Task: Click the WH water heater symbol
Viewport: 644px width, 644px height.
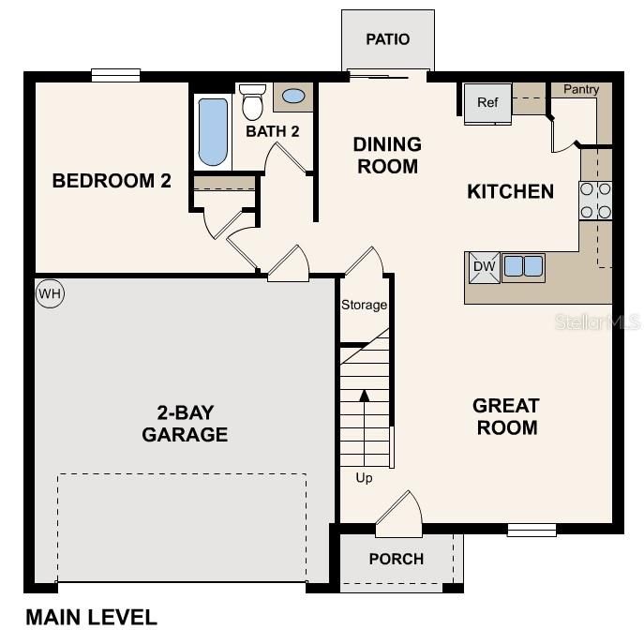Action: tap(50, 293)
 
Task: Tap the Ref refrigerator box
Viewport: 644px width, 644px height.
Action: tap(487, 103)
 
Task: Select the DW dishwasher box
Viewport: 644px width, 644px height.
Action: tap(484, 267)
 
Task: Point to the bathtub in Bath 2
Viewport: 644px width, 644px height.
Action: tap(213, 132)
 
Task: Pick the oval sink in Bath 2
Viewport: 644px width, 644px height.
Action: tap(293, 96)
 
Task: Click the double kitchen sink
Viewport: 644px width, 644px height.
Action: tap(523, 267)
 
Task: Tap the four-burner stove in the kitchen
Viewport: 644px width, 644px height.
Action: tap(595, 200)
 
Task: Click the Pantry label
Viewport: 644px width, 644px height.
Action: tap(581, 89)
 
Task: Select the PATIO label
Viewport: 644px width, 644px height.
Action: tap(387, 39)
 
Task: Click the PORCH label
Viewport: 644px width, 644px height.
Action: tap(396, 559)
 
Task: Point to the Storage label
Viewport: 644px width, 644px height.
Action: tap(364, 305)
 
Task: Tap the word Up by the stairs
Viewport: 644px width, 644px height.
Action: tap(364, 478)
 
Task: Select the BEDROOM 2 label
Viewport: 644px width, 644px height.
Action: tap(112, 181)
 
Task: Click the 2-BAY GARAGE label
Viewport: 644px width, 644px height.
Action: tap(185, 423)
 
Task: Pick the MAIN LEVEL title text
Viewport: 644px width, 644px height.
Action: tap(91, 617)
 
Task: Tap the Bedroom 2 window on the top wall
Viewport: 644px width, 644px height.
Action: tap(115, 75)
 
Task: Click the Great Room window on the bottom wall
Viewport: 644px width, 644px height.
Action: tap(532, 530)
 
